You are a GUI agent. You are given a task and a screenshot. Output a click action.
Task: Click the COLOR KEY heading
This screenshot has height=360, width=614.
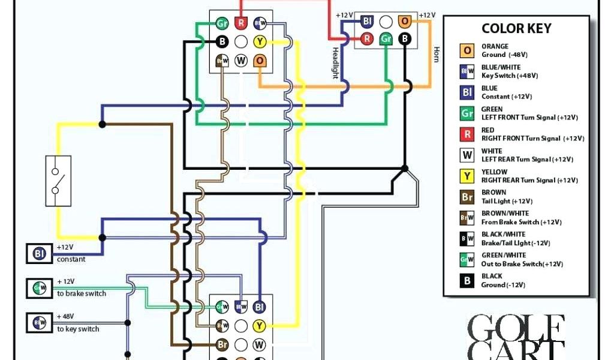pyautogui.click(x=516, y=29)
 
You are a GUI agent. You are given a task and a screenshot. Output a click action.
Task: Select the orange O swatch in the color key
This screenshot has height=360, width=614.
pyautogui.click(x=467, y=50)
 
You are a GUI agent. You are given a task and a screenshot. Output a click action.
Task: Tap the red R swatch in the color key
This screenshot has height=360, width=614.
pyautogui.click(x=467, y=134)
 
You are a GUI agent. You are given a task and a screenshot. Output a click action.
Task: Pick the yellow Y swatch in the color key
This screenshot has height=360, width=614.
pyautogui.click(x=467, y=176)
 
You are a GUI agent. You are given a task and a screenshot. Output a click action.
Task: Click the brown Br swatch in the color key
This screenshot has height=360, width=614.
pyautogui.click(x=467, y=197)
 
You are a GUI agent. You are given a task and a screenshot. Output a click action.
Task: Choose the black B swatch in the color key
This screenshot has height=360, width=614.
pyautogui.click(x=467, y=281)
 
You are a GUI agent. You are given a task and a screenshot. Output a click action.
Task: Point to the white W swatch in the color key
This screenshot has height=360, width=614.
pyautogui.click(x=467, y=155)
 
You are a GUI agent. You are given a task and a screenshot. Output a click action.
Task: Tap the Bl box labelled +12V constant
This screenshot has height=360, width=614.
pyautogui.click(x=40, y=253)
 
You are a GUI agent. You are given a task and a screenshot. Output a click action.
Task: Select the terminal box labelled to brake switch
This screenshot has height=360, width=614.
pyautogui.click(x=37, y=289)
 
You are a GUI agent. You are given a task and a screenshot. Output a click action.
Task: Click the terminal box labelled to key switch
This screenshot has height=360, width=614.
pyautogui.click(x=37, y=323)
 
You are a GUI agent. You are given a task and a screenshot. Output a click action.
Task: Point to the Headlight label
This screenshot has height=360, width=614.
pyautogui.click(x=335, y=63)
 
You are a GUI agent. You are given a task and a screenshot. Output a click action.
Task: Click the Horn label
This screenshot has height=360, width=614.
pyautogui.click(x=437, y=55)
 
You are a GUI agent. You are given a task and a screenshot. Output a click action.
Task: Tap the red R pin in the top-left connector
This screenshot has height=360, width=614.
pyautogui.click(x=241, y=23)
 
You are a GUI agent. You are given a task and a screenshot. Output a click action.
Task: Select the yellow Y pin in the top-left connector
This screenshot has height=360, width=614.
pyautogui.click(x=260, y=41)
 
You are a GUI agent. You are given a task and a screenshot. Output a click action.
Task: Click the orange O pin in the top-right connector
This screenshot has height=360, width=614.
pyautogui.click(x=405, y=22)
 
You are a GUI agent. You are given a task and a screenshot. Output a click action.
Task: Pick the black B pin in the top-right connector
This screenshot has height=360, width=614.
pyautogui.click(x=405, y=39)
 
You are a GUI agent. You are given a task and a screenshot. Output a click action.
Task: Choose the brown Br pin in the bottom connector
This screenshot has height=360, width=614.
pyautogui.click(x=222, y=345)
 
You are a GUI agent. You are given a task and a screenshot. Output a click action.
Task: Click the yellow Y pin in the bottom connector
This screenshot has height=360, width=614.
pyautogui.click(x=259, y=326)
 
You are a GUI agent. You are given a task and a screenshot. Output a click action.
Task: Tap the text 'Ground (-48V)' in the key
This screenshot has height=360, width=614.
pyautogui.click(x=502, y=55)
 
